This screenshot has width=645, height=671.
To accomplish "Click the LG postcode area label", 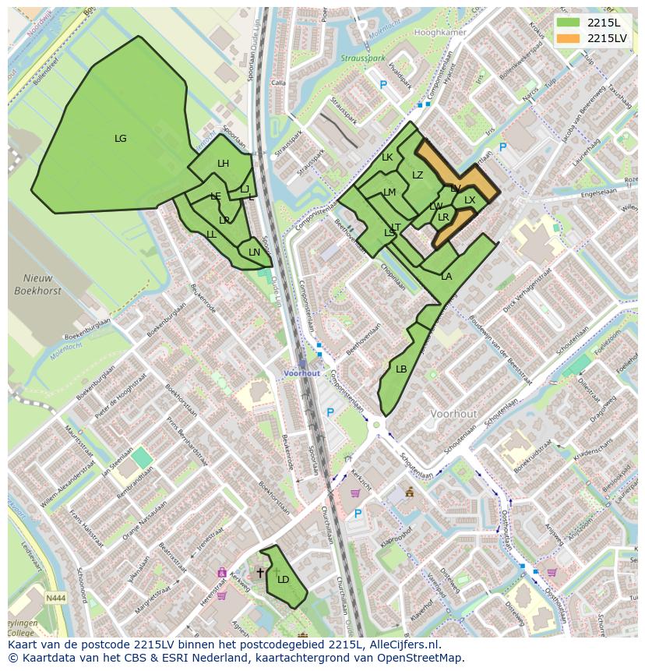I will [120, 139].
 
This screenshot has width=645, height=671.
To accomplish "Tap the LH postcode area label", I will [223, 164].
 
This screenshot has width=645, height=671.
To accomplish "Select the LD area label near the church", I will [283, 579].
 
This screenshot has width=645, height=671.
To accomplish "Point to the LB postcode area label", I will [401, 369].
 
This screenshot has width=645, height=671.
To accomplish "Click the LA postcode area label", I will [446, 277].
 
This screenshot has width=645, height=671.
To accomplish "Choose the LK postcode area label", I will [387, 157].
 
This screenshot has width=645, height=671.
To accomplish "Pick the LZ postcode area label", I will [418, 175].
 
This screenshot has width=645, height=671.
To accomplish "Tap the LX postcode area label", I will [470, 200].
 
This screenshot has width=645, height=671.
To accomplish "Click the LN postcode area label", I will [254, 253].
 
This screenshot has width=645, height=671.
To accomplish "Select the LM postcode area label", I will [389, 192].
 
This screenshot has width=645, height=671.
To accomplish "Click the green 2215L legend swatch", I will [569, 23].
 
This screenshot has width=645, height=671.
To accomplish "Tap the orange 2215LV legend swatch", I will [569, 37].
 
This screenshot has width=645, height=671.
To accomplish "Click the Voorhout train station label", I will [301, 373].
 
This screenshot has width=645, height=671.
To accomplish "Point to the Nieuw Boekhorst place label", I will [32, 285].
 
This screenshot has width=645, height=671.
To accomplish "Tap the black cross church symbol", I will [260, 573].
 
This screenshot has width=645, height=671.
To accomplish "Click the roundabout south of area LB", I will [378, 426].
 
